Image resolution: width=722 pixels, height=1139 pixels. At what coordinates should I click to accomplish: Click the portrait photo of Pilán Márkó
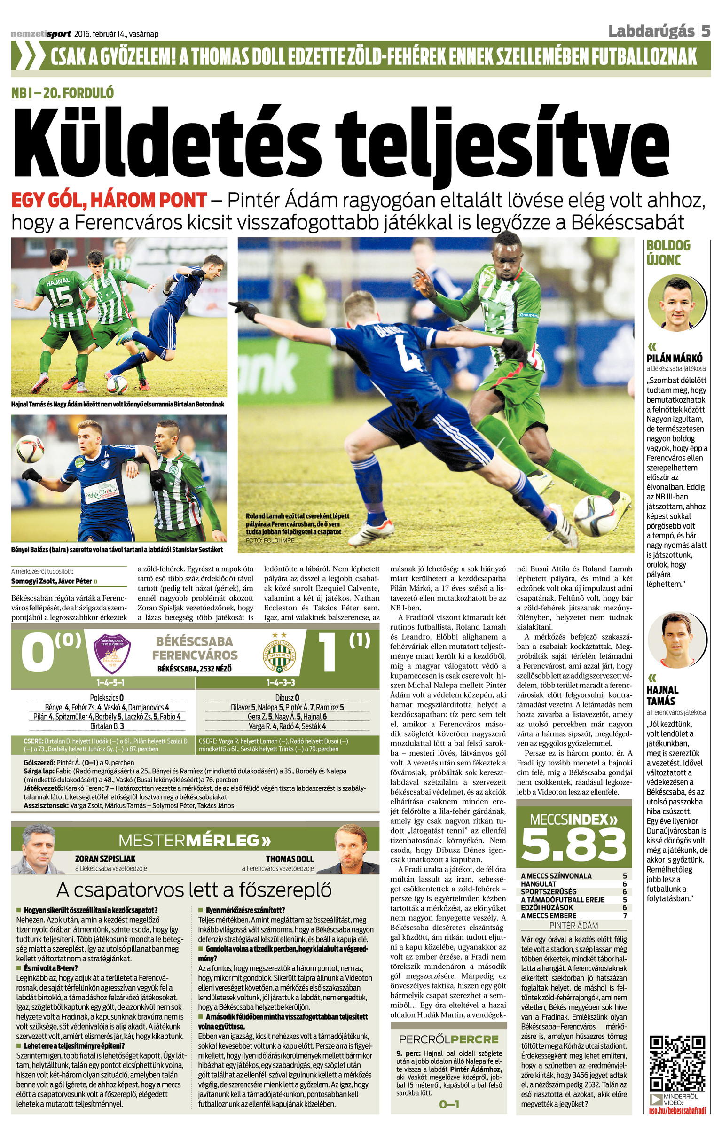click(676, 303)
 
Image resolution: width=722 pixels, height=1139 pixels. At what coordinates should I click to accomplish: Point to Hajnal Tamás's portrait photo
click(676, 640)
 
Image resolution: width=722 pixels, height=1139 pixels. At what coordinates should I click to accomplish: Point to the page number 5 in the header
click(706, 31)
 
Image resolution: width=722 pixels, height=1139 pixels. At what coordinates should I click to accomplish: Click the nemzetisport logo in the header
click(41, 34)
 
